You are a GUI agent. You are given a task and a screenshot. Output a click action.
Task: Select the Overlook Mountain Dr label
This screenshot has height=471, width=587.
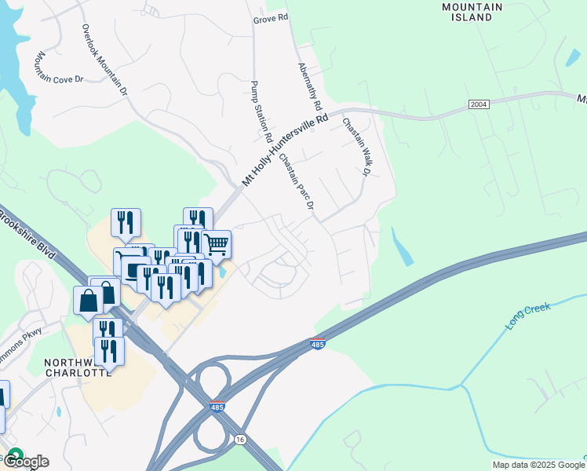105,60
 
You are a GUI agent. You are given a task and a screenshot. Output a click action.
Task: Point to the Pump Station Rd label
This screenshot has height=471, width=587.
261,111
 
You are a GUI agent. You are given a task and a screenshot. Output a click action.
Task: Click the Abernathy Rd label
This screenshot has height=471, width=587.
309,86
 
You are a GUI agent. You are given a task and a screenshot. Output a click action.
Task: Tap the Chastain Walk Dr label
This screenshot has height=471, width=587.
355,147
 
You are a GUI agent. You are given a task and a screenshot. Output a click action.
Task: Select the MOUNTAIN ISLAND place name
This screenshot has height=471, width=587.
472,12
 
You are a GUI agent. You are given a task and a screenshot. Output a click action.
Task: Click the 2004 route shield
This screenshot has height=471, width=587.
479,104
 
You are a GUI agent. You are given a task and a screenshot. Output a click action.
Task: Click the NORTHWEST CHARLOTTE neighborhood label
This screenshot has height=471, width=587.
76,367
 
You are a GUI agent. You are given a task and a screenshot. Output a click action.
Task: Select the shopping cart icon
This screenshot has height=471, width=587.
217,244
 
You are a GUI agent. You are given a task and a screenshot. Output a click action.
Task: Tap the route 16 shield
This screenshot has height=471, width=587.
240,440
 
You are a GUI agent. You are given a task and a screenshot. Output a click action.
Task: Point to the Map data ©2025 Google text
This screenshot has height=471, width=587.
538,465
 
